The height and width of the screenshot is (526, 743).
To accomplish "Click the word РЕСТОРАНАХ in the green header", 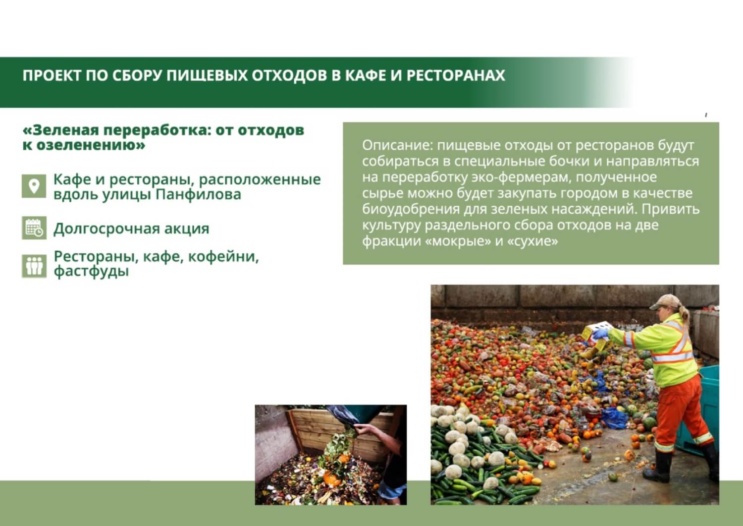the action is coord(456,75).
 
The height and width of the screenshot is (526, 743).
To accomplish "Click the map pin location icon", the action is coord(34,186).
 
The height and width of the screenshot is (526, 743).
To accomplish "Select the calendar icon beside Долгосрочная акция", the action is coord(34,228).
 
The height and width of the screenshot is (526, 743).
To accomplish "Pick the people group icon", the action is coord(34,266).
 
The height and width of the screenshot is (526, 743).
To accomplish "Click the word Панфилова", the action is coord(198,195).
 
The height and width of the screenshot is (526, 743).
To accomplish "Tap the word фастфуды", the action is coord(91,272).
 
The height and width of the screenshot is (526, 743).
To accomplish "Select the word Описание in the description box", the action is coord(397,146).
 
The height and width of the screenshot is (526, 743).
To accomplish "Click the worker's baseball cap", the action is coord(664,301).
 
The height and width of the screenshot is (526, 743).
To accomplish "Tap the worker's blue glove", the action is coord(600,333).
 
